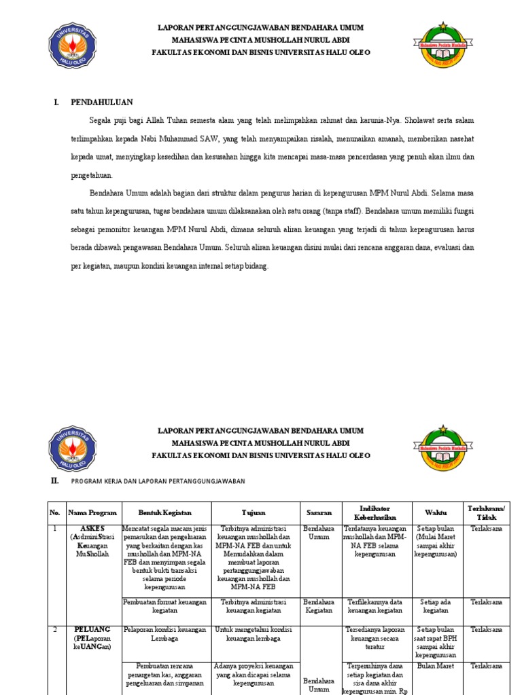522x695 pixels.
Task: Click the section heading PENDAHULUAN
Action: tap(102, 102)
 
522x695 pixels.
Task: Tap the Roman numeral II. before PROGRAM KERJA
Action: tap(54, 480)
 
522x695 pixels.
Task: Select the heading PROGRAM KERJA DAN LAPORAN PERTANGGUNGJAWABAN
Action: tap(158, 481)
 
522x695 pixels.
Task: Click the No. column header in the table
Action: tap(55, 512)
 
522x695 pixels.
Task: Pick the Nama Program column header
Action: tap(92, 512)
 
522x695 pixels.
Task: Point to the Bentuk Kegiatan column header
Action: tap(165, 512)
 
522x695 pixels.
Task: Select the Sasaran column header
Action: tap(319, 512)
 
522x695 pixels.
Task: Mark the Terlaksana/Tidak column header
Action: tap(487, 512)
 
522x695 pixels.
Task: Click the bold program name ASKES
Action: tap(93, 528)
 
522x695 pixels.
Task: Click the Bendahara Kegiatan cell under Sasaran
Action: tap(319, 605)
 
